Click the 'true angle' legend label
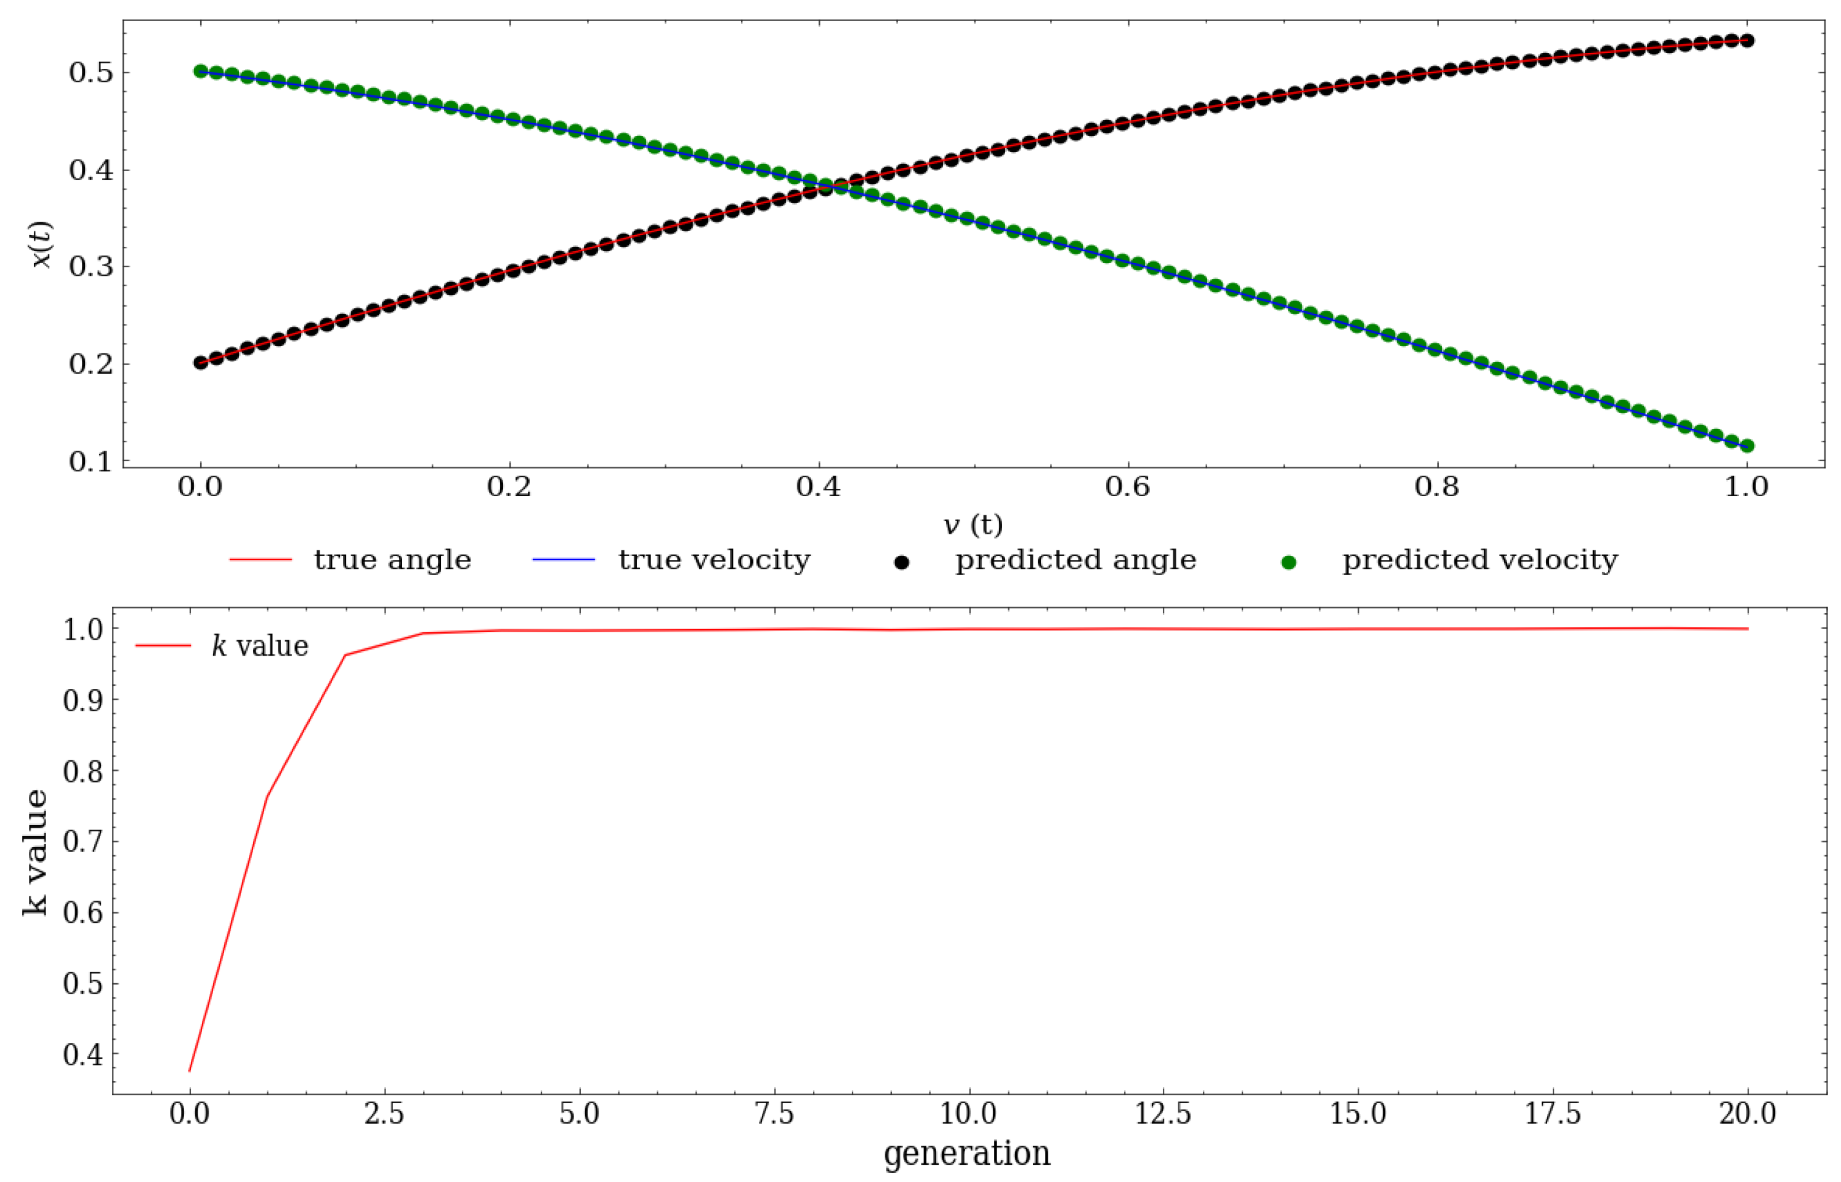click(392, 560)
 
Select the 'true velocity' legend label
click(714, 560)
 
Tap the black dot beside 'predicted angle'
click(902, 563)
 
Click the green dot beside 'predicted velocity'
click(1289, 563)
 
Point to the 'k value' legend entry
click(259, 646)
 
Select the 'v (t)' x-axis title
click(973, 525)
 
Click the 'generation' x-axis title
click(966, 1154)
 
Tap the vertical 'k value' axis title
click(34, 852)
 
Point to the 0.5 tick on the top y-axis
click(91, 73)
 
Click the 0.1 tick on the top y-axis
click(91, 461)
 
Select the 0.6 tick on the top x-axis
click(1127, 486)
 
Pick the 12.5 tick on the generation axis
click(1163, 1113)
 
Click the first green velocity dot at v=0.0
click(201, 71)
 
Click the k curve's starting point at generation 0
click(190, 1070)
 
